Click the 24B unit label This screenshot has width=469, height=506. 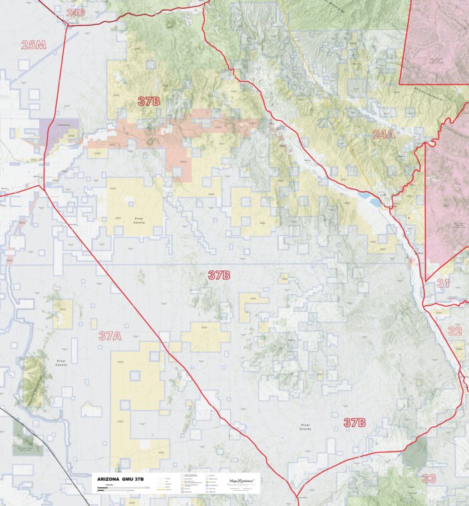(x=76, y=12)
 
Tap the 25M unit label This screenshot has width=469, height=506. (x=33, y=45)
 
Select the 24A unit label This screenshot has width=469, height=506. (x=383, y=135)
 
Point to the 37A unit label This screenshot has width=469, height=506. (x=110, y=336)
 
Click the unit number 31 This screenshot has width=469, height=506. (x=443, y=284)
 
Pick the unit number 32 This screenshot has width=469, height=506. (x=454, y=331)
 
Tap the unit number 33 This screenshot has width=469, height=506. (x=429, y=478)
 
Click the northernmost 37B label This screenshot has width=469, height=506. (x=148, y=102)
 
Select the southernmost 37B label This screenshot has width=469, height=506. (x=355, y=423)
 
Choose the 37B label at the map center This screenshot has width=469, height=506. (x=218, y=275)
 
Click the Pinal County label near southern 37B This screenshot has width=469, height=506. (x=305, y=427)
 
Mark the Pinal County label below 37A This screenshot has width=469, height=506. (x=61, y=364)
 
